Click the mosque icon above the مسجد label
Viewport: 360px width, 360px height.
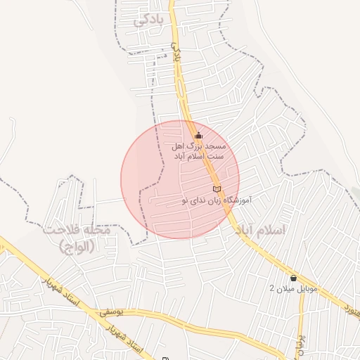pyautogui.click(x=198, y=135)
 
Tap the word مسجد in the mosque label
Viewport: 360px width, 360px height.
pyautogui.click(x=212, y=146)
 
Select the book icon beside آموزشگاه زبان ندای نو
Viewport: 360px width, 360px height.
pyautogui.click(x=216, y=189)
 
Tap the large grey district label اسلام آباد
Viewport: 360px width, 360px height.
pyautogui.click(x=260, y=231)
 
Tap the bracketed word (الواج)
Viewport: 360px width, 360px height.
pyautogui.click(x=77, y=246)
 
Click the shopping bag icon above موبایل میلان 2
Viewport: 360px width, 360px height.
pyautogui.click(x=293, y=277)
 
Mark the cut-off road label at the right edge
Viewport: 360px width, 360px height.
pyautogui.click(x=352, y=307)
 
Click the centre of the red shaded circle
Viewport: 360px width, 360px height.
pyautogui.click(x=180, y=179)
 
